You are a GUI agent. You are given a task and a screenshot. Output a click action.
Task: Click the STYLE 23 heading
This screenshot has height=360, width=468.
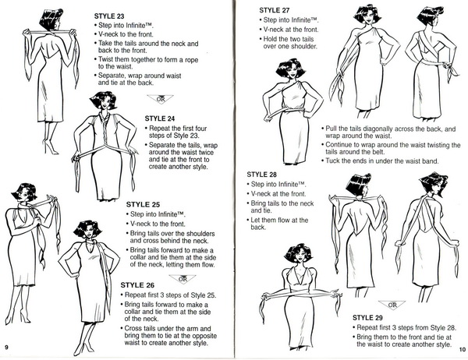(109, 16)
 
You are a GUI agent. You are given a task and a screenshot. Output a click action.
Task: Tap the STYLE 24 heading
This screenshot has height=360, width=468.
(160, 118)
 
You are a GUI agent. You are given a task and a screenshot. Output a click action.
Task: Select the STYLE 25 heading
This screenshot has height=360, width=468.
(143, 205)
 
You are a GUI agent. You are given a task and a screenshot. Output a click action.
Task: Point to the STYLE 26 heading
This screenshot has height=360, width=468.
(137, 285)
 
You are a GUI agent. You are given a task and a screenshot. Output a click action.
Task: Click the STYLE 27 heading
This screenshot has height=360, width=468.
(275, 10)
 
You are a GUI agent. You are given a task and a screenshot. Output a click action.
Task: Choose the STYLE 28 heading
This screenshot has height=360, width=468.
(262, 175)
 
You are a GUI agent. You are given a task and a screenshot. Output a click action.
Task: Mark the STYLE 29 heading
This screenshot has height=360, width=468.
(367, 318)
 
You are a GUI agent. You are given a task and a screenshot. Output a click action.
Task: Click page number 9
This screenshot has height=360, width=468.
(6, 347)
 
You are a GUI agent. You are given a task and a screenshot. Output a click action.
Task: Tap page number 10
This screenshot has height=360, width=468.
(463, 350)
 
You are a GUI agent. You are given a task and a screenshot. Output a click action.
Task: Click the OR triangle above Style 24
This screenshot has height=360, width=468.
(160, 99)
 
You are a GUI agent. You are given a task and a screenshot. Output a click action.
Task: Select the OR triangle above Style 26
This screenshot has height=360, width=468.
(183, 279)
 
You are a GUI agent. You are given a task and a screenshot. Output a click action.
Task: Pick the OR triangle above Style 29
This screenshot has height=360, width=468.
(392, 305)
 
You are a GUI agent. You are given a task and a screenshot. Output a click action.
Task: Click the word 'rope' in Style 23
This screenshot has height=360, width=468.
(191, 60)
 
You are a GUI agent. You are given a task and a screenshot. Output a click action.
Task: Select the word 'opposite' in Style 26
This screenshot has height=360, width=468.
(204, 336)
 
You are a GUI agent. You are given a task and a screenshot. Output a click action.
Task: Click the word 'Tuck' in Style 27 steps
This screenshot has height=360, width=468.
(332, 161)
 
